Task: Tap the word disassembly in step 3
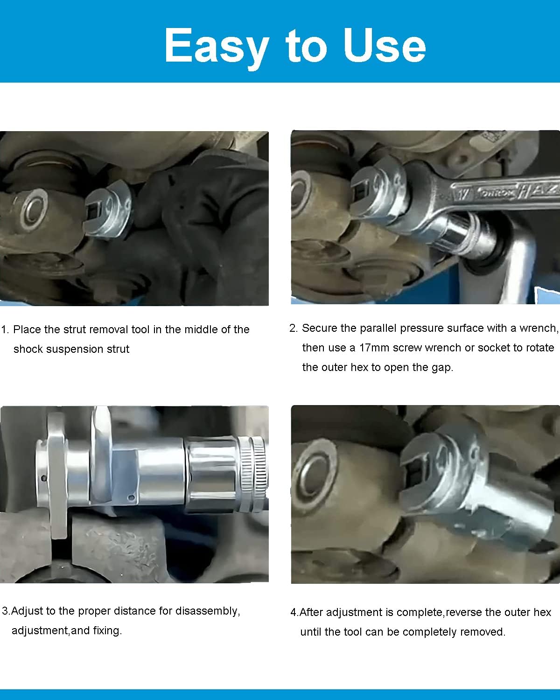click(208, 611)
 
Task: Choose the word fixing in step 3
click(107, 631)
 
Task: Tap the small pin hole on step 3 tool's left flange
click(44, 478)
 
